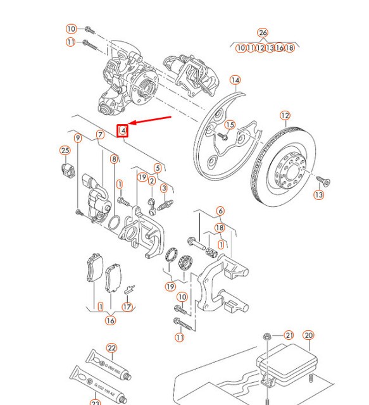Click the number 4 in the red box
[x=124, y=131]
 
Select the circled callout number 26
[x=263, y=33]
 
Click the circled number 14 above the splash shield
[x=235, y=80]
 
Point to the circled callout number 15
[x=230, y=125]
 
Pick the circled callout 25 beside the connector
[x=64, y=150]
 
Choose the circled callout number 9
[x=78, y=138]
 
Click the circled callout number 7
[x=99, y=135]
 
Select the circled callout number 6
[x=220, y=211]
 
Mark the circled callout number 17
[x=127, y=307]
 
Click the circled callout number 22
[x=111, y=348]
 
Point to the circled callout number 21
[x=289, y=335]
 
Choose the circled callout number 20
[x=308, y=335]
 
